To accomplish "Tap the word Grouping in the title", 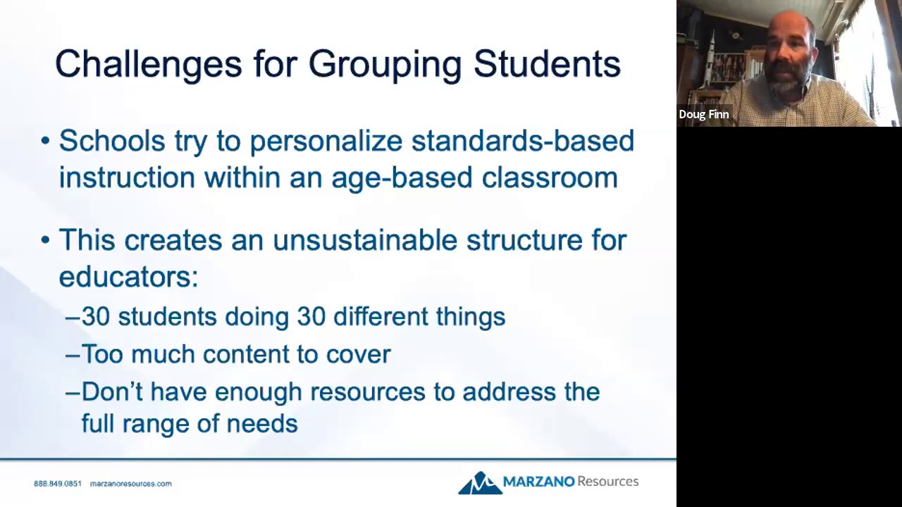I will (385, 64).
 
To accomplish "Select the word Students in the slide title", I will (547, 64).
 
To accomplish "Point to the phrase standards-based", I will (522, 141).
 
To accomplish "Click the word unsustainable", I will (364, 240).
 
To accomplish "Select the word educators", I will (128, 277).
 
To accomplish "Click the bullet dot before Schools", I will (46, 142).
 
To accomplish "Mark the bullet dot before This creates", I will (46, 240).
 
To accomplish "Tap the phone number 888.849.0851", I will (58, 484).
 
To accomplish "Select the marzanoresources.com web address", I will (131, 484).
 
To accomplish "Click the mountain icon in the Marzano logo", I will (479, 483).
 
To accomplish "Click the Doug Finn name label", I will (704, 114).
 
